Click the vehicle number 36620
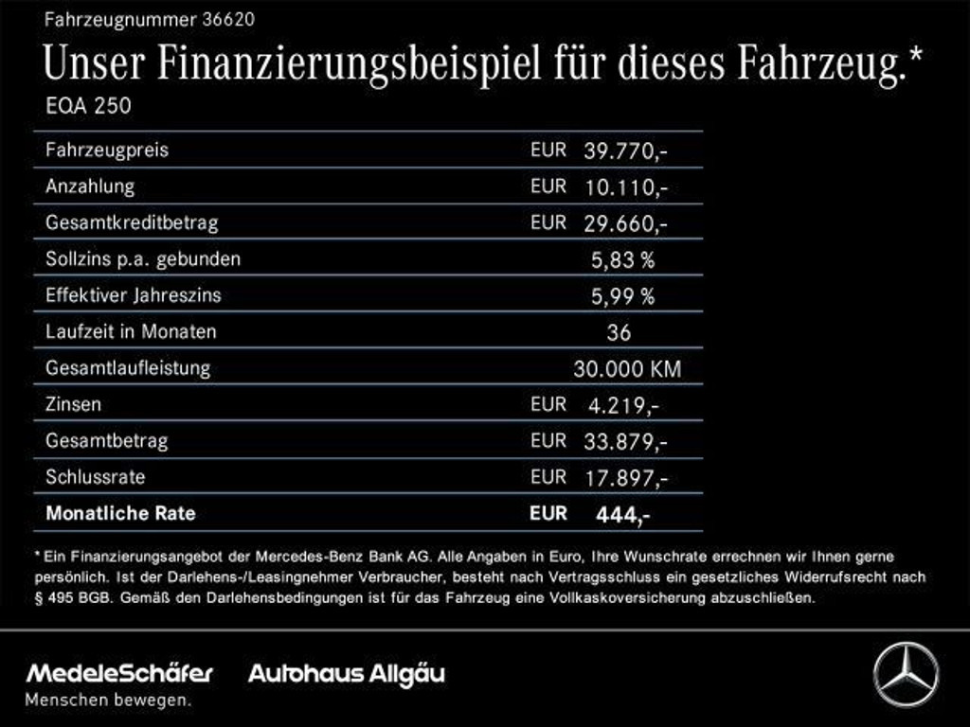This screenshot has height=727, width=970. (226, 18)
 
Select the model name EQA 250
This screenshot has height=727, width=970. (88, 106)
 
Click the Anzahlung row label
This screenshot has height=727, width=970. (90, 186)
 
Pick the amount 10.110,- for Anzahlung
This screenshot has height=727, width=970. (626, 187)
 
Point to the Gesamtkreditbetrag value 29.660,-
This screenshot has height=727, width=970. (626, 223)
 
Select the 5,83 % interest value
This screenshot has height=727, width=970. (622, 259)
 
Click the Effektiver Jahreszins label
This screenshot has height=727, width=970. (133, 295)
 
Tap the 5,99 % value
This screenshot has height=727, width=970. (622, 296)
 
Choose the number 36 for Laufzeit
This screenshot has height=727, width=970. (619, 332)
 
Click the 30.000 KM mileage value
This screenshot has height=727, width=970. (626, 369)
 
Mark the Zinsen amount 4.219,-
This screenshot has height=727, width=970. (623, 405)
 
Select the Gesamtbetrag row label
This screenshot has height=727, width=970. (106, 440)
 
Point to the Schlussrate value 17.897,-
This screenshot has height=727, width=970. (626, 478)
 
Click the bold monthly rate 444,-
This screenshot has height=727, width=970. (622, 515)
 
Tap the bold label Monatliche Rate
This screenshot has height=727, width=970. (120, 514)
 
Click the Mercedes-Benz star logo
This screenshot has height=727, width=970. (906, 675)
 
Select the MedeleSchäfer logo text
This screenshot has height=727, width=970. (119, 673)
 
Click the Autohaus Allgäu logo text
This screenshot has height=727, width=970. (346, 674)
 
